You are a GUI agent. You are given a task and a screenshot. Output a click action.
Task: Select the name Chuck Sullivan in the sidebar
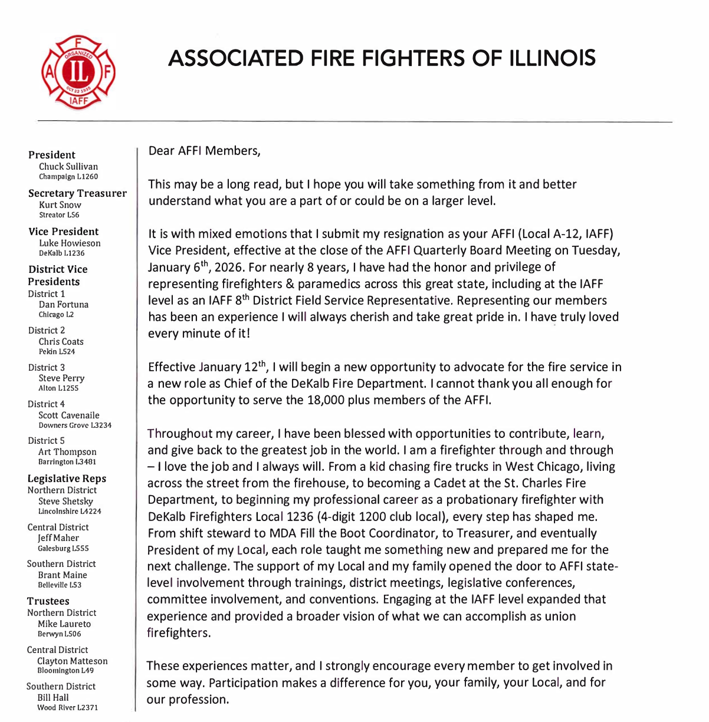point(68,166)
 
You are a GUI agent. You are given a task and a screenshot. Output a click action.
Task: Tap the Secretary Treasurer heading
point(77,193)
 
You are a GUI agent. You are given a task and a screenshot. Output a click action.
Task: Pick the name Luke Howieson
point(70,243)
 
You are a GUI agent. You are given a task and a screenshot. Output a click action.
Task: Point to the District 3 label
point(47,367)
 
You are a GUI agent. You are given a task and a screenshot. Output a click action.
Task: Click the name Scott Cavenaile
point(69,415)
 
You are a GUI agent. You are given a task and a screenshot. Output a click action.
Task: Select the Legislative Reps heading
point(67,479)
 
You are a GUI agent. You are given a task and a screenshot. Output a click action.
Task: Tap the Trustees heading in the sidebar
point(48,601)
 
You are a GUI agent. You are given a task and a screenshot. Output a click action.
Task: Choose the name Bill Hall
point(53,697)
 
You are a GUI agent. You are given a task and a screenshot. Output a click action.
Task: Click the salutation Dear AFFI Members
point(204,151)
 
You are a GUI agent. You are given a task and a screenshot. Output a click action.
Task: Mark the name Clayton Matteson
point(73,661)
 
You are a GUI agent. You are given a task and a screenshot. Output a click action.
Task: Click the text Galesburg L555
point(63,548)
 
